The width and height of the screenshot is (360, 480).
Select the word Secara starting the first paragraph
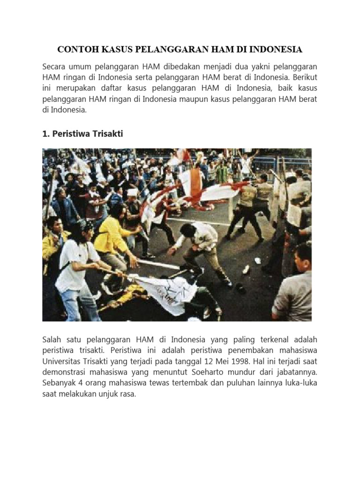55,67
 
